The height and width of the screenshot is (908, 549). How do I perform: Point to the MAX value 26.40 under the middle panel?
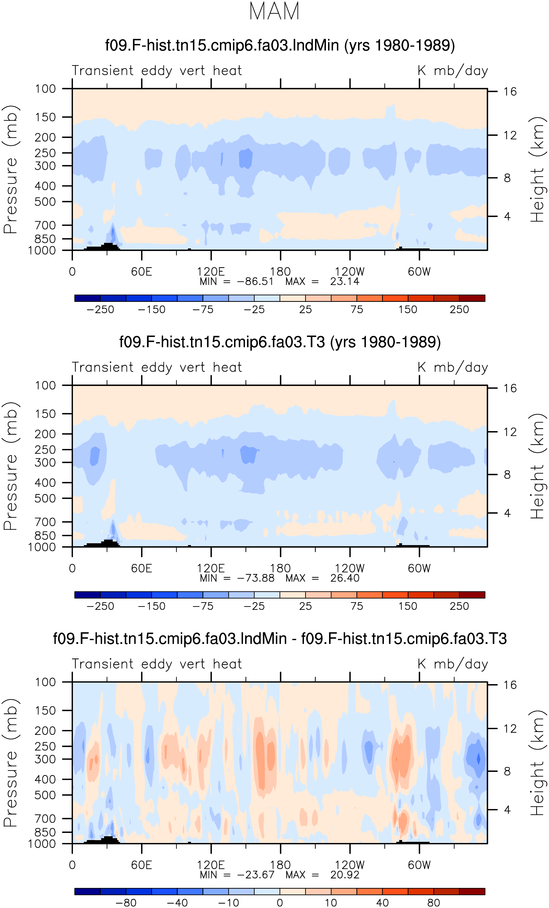click(345, 578)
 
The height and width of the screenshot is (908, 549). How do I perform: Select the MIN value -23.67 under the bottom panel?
click(256, 874)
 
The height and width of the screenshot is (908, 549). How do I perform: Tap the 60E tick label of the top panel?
click(142, 272)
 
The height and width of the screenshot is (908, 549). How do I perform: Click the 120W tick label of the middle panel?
click(350, 568)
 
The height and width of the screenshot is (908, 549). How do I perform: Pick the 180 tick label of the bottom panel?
click(280, 865)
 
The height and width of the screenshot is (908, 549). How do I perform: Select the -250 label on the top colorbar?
click(100, 309)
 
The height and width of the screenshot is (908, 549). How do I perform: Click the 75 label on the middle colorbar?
click(357, 606)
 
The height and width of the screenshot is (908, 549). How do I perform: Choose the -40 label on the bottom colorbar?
click(177, 903)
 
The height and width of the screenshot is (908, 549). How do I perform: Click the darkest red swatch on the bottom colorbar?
click(472, 892)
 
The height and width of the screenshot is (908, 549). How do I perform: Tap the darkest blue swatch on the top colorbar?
click(87, 298)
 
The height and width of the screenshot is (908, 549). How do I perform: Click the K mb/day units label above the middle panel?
click(453, 367)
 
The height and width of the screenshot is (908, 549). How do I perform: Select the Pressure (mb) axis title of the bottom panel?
click(11, 762)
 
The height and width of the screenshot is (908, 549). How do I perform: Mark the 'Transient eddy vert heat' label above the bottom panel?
click(157, 664)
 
